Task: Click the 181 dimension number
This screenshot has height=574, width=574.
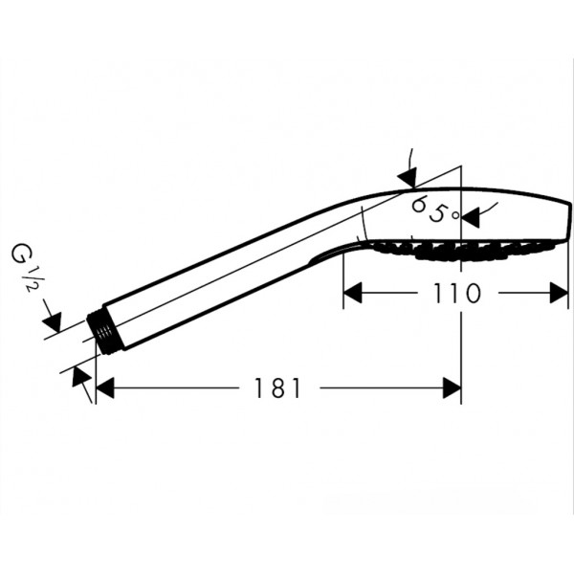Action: click(277, 388)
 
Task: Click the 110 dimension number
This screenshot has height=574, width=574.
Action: click(456, 294)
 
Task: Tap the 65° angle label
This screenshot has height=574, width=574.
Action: click(434, 209)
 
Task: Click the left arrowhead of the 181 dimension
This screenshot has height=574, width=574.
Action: click(104, 388)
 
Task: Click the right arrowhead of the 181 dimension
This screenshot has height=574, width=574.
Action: click(452, 388)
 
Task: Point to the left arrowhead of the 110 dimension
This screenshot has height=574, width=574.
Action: click(353, 293)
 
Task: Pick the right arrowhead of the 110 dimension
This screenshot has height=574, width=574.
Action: click(559, 293)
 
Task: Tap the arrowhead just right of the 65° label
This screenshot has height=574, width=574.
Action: click(471, 217)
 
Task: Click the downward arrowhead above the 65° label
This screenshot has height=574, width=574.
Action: click(408, 178)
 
